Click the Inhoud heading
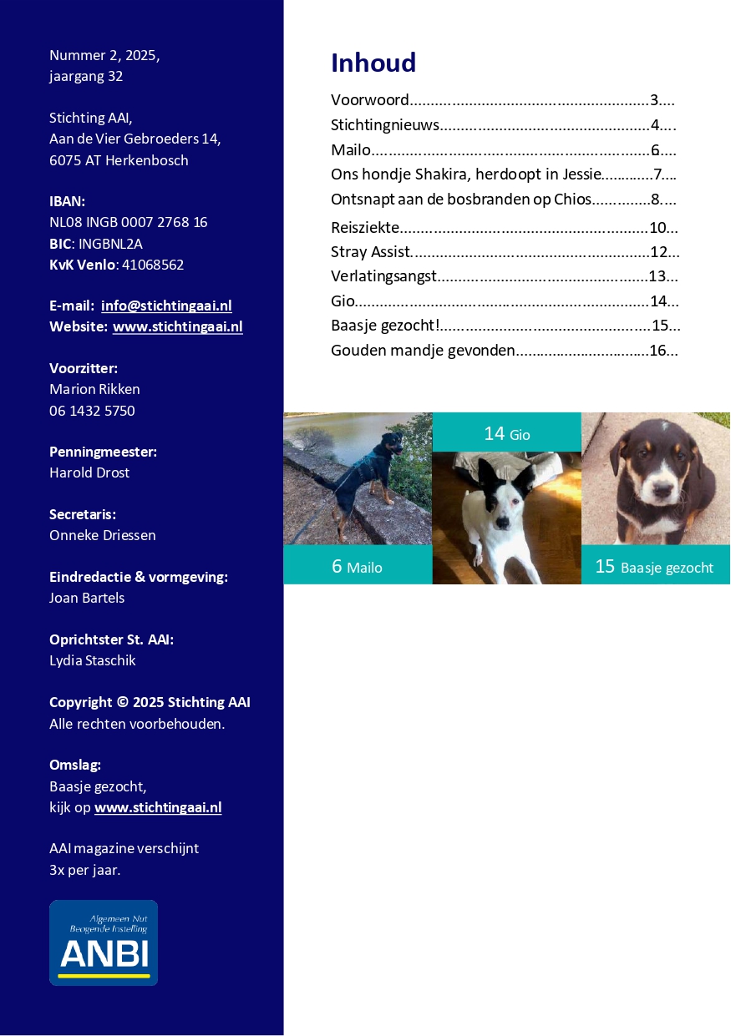point(373,63)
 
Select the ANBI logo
point(104,943)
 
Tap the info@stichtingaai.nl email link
point(166,306)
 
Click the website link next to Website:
point(177,327)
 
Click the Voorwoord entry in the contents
point(370,101)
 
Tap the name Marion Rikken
point(94,390)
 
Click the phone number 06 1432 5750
point(92,411)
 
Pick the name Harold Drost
point(89,473)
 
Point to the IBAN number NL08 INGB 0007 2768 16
point(129,223)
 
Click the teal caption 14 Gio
point(506,433)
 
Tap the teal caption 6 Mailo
point(357,567)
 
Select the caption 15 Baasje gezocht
point(654,567)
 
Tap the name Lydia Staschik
point(92,661)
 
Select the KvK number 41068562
point(150,265)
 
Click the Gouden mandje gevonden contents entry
point(423,351)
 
